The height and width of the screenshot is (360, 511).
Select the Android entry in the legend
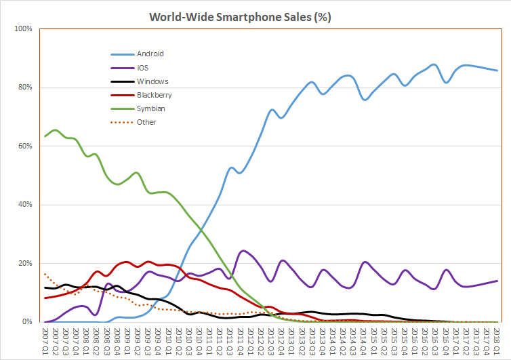coord(150,53)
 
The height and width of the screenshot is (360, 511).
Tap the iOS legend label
coord(142,67)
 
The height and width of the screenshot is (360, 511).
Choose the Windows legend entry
coord(152,81)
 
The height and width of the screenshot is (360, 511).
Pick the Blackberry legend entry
coord(153,94)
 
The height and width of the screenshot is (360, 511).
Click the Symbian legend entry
coord(150,108)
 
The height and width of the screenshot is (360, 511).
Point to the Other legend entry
coord(146,122)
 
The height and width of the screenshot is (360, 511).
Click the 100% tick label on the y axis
coord(22,29)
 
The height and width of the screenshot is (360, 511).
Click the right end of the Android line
coord(498,71)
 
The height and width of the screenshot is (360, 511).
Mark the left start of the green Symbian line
coord(45,136)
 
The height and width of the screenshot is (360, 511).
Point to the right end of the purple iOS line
coord(498,281)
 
